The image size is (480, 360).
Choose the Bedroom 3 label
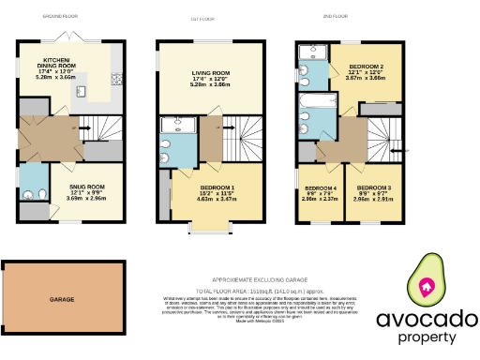point(373,189)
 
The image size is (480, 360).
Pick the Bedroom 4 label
point(319,189)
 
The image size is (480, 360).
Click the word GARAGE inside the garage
point(62,299)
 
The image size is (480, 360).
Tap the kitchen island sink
point(82,92)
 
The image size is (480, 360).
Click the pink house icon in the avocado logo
point(427,287)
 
